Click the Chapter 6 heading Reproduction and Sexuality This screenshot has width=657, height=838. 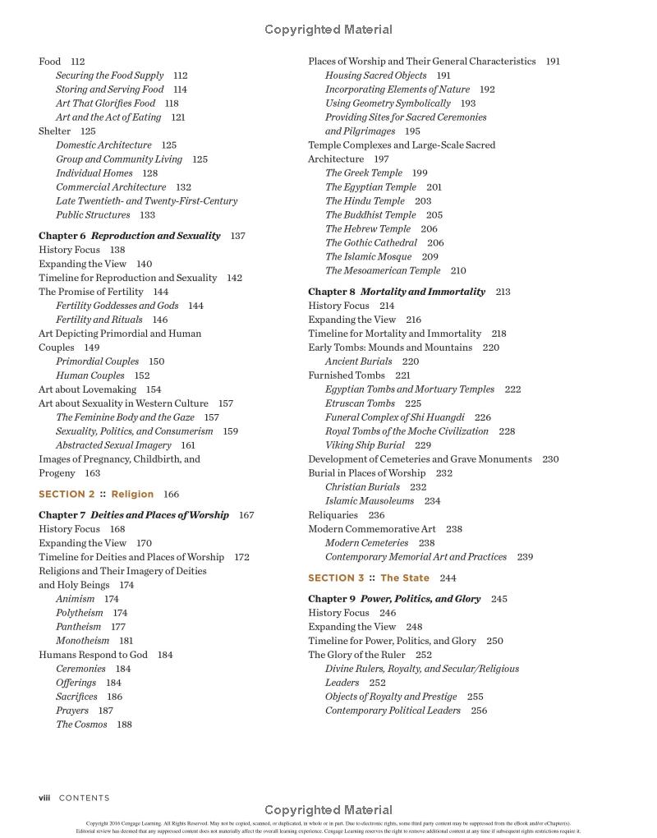point(130,236)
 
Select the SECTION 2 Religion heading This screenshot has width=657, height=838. point(96,495)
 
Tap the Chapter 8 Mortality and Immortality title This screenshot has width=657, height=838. point(397,292)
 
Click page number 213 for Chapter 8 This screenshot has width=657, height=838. point(503,292)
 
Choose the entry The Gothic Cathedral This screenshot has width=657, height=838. point(371,242)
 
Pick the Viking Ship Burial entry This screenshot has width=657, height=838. point(365,445)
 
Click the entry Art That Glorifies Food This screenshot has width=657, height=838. point(105,104)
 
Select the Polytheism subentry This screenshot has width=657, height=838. point(80,613)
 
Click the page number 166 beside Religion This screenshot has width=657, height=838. point(171,495)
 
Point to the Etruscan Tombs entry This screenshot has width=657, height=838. point(360,403)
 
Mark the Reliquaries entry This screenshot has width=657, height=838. point(333,515)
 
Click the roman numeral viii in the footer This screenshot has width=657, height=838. point(44,798)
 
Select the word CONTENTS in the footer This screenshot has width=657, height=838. point(84,798)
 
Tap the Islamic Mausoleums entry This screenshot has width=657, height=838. point(370,501)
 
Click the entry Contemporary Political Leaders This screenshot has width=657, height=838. point(393,711)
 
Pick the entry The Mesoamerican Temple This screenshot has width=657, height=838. point(383,270)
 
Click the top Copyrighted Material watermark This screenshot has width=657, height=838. point(328,30)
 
